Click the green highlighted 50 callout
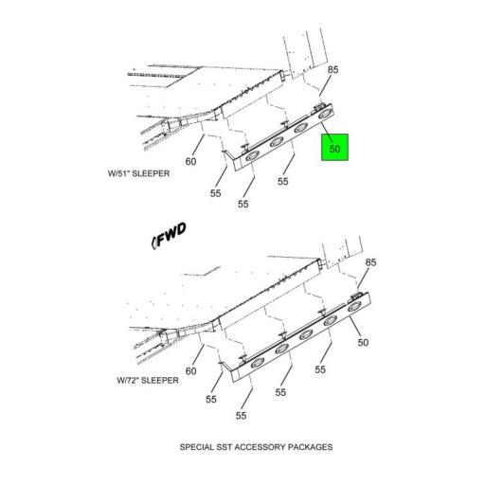point(334,148)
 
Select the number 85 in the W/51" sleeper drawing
point(332,69)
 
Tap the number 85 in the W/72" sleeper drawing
point(370,262)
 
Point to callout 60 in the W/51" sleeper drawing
point(190,161)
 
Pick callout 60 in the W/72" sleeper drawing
point(190,370)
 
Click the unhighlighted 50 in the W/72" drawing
point(363,343)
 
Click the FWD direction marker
point(169,236)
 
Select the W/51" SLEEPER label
point(138,173)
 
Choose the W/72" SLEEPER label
point(148,380)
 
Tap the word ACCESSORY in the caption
point(260,447)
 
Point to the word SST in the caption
point(225,447)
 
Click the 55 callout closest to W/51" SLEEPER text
point(215,193)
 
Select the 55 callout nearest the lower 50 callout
point(320,369)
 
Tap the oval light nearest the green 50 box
point(325,115)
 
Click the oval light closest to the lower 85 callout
point(354,307)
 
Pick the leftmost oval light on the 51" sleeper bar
point(252,156)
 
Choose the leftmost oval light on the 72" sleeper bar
point(258,364)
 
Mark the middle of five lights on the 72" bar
point(306,334)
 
